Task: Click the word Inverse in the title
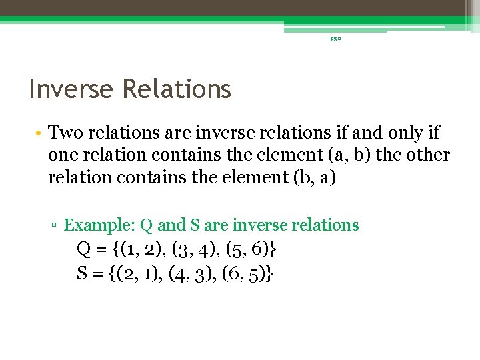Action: (69, 89)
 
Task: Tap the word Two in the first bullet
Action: (66, 133)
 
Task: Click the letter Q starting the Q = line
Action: (84, 250)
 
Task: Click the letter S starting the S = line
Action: (83, 273)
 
